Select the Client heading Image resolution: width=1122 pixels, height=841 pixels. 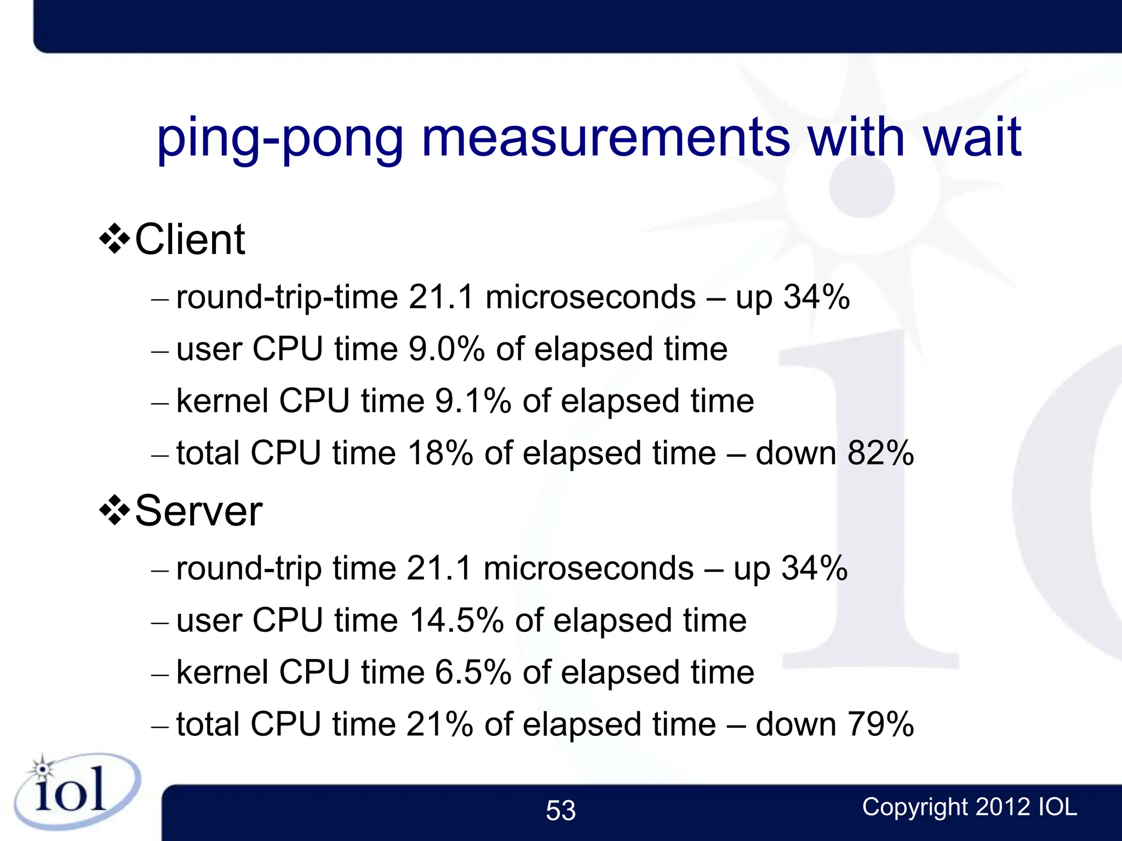190,239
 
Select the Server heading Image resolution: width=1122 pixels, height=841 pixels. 198,510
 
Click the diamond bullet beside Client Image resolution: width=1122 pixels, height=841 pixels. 115,239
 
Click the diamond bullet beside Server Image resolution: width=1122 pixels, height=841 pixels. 115,510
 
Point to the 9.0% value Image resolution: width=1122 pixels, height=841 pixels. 446,349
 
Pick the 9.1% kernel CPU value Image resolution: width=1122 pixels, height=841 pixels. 473,401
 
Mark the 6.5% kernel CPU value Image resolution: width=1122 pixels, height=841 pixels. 473,672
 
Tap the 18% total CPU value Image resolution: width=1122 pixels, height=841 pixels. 440,453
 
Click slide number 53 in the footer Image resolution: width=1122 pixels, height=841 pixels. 560,810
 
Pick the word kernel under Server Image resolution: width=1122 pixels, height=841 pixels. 222,672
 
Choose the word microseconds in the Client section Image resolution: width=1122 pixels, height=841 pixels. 591,297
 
